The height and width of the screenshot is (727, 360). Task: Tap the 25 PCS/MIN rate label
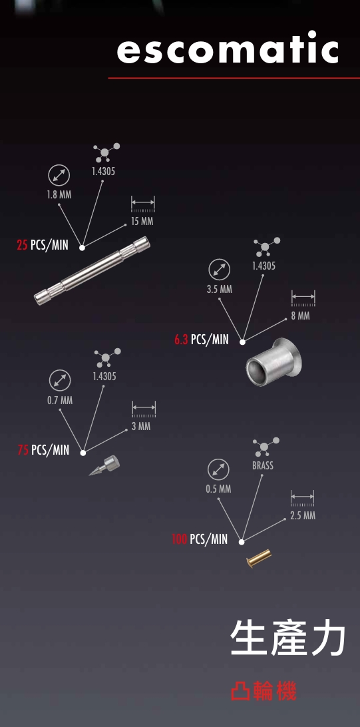43,245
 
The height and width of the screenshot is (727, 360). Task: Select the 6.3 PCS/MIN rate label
202,340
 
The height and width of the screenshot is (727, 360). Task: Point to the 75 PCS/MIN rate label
43,450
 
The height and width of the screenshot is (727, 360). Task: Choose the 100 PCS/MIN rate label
200,539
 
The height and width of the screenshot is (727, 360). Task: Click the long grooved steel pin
92,270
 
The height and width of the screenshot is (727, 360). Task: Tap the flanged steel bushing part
273,362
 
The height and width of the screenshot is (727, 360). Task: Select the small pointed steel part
104,465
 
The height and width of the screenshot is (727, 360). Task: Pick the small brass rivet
259,558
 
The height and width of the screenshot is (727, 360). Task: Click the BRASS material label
263,465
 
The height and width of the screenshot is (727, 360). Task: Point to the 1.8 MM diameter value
59,194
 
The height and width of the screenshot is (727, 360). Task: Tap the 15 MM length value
142,222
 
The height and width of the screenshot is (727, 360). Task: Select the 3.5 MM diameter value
220,290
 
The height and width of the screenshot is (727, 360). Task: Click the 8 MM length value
300,316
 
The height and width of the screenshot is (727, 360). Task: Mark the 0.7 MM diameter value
60,400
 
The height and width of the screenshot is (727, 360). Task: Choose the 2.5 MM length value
303,515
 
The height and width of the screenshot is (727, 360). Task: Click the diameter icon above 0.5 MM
218,469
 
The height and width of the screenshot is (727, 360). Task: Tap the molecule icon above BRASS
266,446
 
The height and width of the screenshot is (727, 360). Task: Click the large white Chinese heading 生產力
287,639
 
